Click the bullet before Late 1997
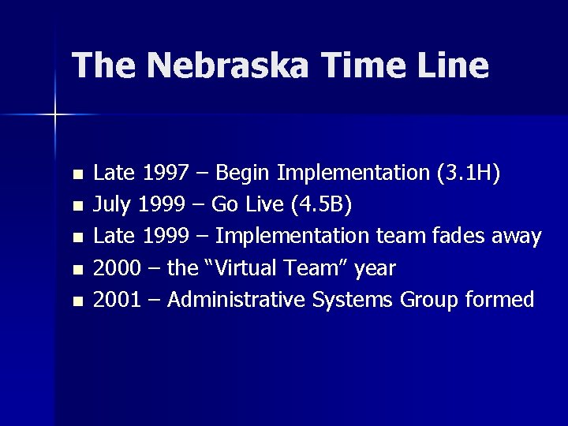pyautogui.click(x=76, y=174)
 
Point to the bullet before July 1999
pyautogui.click(x=76, y=207)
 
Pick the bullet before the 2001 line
pyautogui.click(x=76, y=301)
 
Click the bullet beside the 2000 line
pyautogui.click(x=76, y=270)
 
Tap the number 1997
pyautogui.click(x=161, y=173)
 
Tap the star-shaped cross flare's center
pyautogui.click(x=55, y=115)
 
